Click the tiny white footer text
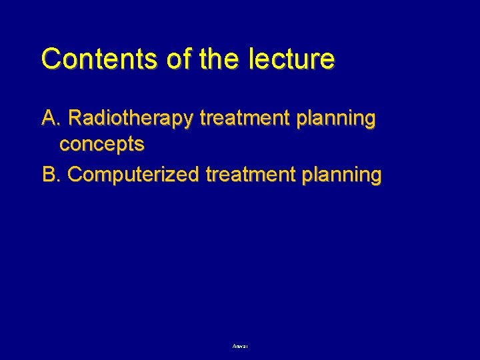tap(240, 347)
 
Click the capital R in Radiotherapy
tap(75, 119)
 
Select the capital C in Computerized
tap(75, 175)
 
